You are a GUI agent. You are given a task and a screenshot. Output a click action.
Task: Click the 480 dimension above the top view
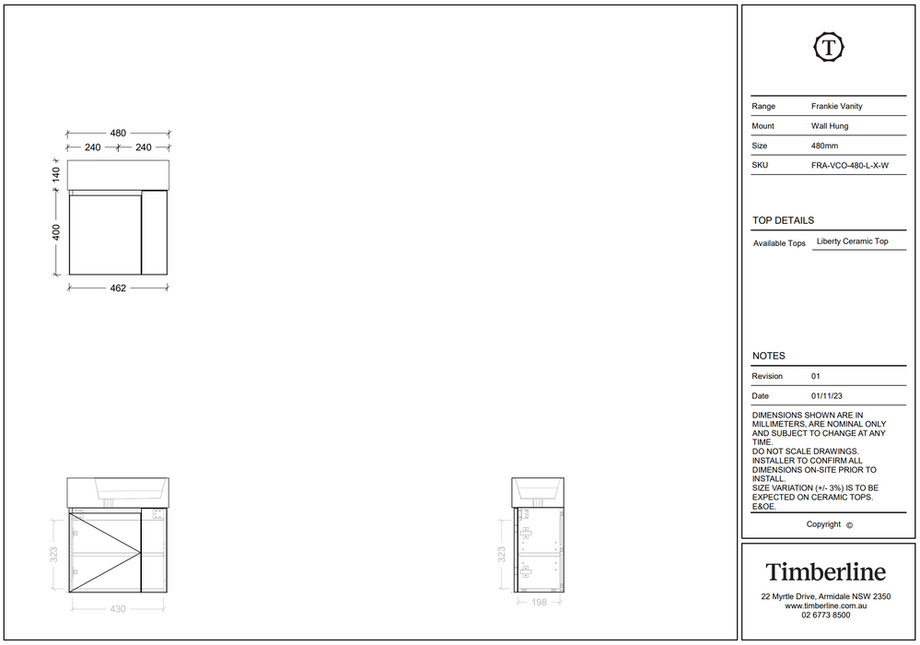(x=118, y=134)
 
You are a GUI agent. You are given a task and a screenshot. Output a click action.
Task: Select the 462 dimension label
(x=118, y=288)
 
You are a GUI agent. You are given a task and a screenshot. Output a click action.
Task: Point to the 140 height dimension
(x=56, y=174)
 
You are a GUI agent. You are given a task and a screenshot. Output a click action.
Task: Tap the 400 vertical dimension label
(x=56, y=232)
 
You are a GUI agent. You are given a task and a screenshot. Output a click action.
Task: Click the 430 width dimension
(x=118, y=609)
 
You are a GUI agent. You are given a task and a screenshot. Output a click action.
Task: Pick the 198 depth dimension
(x=540, y=603)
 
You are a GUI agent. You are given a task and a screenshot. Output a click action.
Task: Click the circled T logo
(x=828, y=47)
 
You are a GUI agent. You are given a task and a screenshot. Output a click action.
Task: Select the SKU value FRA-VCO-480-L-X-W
(x=850, y=166)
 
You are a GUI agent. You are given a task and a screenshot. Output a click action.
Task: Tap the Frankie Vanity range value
(x=837, y=106)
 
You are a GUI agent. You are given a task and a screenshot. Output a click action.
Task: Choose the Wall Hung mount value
(x=830, y=126)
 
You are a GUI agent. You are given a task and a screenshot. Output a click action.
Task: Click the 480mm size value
(x=824, y=146)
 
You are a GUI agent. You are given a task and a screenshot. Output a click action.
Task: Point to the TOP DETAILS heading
(x=784, y=220)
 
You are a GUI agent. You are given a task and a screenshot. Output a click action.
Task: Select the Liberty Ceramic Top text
(x=852, y=241)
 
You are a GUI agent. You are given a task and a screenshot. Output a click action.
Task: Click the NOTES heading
(x=769, y=357)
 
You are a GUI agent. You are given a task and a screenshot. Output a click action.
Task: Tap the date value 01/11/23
(x=827, y=396)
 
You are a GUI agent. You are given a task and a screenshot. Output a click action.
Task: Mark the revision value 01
(x=816, y=376)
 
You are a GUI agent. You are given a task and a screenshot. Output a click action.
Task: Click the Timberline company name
(x=825, y=572)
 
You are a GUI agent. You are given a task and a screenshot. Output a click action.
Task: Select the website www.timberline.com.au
(x=825, y=605)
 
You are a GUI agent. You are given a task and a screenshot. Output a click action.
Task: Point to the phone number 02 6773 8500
(x=825, y=616)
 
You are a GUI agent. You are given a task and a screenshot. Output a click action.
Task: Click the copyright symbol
(x=849, y=525)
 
